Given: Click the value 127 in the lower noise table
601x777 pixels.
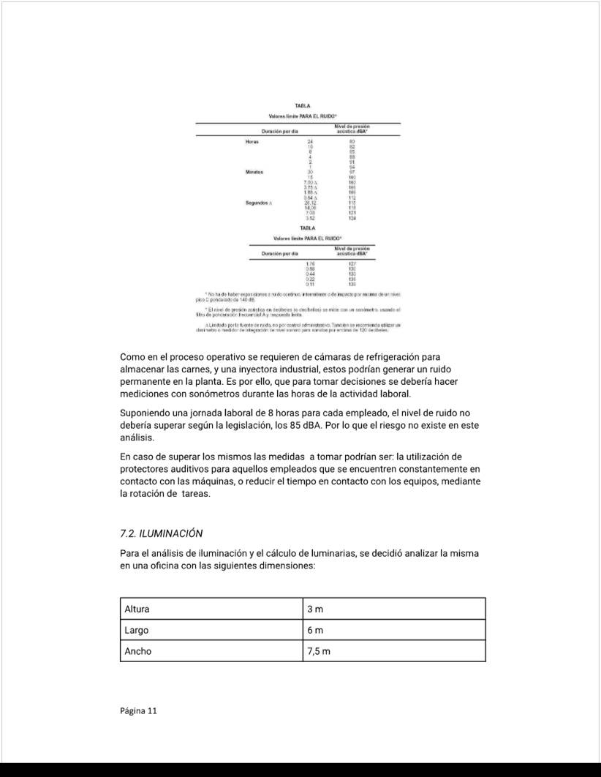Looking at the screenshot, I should (x=352, y=263).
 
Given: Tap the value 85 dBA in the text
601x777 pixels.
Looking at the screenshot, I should (x=363, y=425).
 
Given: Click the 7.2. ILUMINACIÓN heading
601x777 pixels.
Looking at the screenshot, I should (x=161, y=533).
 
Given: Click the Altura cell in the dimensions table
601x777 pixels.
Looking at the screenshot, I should (x=137, y=609).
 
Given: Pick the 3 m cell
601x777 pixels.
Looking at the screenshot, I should (x=314, y=609).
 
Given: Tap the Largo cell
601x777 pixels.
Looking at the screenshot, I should (x=137, y=630).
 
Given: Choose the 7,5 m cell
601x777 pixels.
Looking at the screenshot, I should (x=319, y=651).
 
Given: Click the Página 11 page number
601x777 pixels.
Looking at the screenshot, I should (x=138, y=710).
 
